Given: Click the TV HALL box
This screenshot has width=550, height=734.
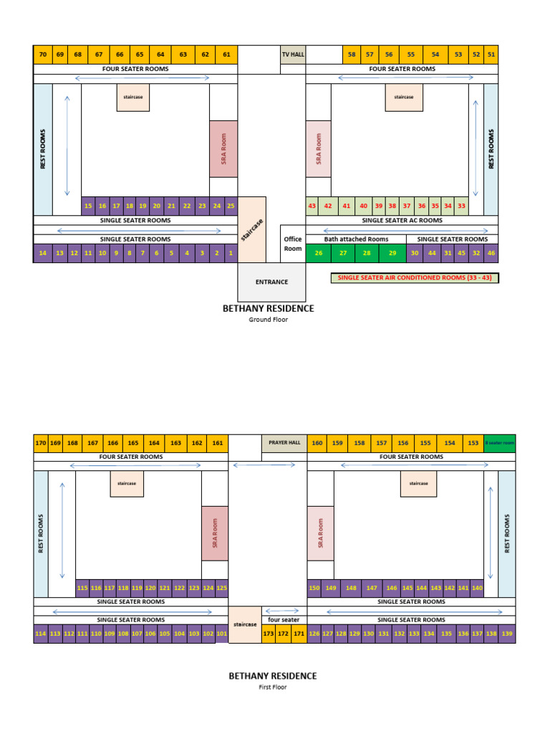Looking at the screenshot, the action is coord(292,54).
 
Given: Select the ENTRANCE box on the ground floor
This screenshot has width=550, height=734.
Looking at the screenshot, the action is coord(271,282).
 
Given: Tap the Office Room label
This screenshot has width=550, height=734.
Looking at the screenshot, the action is coord(293,244).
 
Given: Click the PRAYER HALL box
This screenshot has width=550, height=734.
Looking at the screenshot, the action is coord(284,443).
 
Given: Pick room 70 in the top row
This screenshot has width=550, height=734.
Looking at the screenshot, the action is coord(43,54).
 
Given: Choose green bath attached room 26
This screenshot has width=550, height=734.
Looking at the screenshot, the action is coord(319,253).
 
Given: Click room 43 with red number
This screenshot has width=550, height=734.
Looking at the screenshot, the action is coord(312,206).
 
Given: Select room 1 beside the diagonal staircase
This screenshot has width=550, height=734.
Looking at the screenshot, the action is coord(231,253).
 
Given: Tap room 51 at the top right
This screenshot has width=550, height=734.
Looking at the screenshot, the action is coord(491,54).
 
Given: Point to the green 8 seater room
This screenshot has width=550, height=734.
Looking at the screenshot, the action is coord(499,443).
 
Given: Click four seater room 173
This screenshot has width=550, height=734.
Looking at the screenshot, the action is coord(269,634).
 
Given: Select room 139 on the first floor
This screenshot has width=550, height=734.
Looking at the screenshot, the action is coord(508,634).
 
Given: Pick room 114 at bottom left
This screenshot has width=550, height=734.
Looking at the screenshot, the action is coord(40,634).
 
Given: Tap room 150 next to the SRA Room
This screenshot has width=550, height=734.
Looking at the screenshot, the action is coord(314,588).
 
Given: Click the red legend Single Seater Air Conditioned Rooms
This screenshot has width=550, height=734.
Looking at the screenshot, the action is coord(414,277).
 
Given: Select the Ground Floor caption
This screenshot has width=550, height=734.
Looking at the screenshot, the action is coord(269,320).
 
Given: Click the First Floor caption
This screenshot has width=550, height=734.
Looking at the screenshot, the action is coord(272,687).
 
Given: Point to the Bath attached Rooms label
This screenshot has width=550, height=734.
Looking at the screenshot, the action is coord(356,239).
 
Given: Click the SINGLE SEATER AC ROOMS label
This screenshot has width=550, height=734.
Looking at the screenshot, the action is coord(402,221).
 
